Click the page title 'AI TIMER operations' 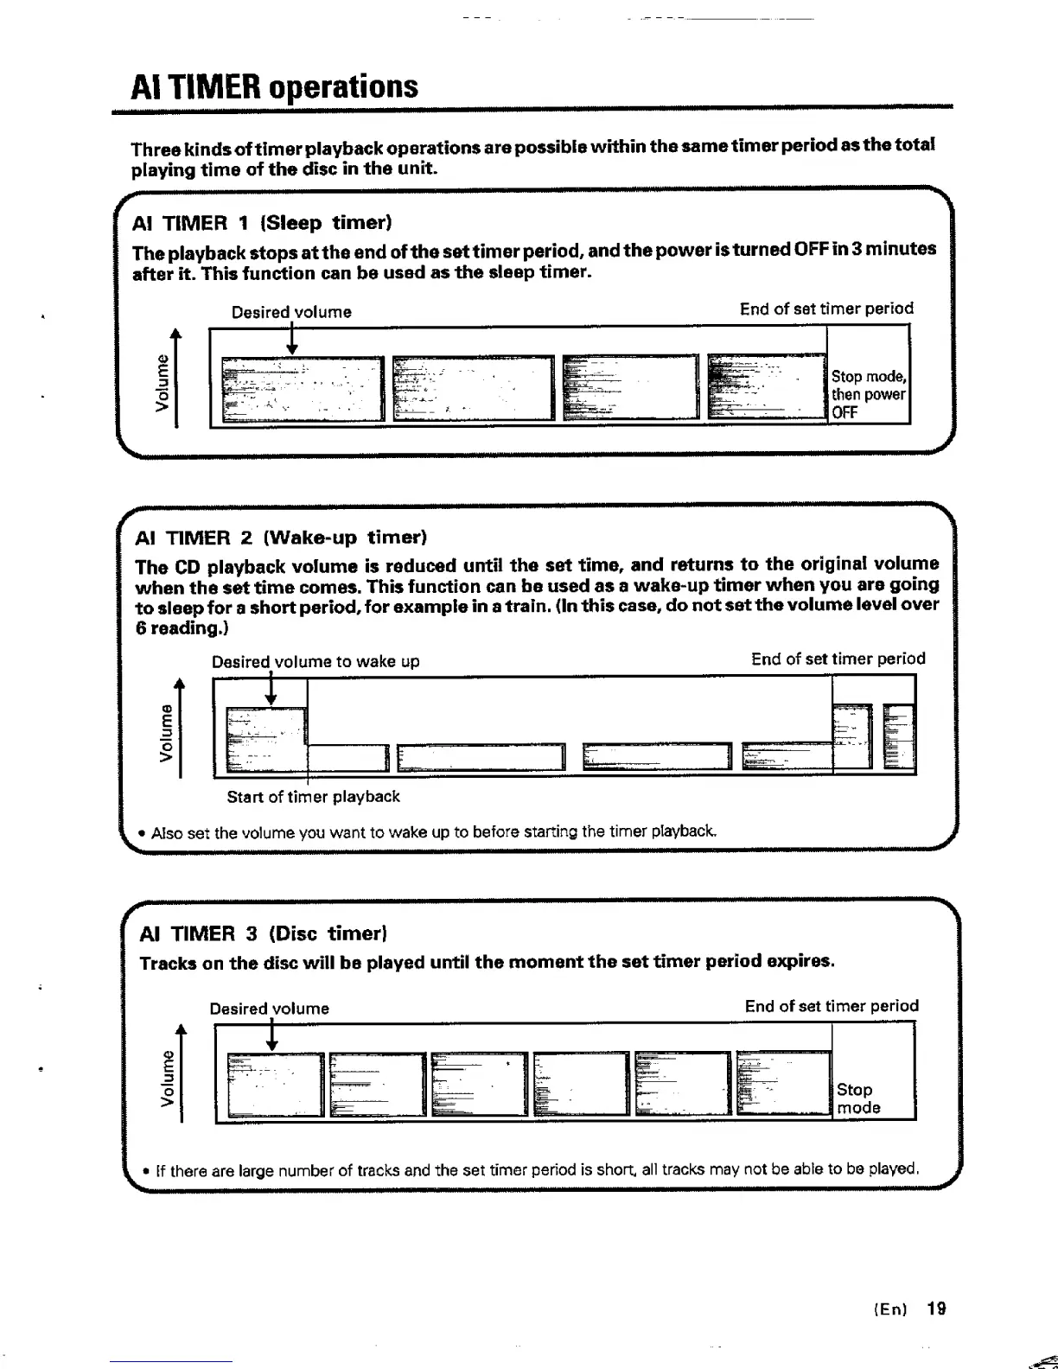tap(274, 86)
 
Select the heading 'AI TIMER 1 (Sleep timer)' tap(262, 223)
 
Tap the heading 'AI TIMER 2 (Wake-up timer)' tap(282, 538)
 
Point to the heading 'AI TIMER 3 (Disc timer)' tap(263, 933)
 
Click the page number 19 tap(936, 1309)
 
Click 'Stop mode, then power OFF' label tap(868, 394)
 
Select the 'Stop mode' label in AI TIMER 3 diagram tap(858, 1098)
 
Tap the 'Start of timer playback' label tap(313, 796)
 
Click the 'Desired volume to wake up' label tap(315, 661)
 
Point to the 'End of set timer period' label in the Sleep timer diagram tap(825, 309)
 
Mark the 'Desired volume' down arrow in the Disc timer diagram tap(272, 1035)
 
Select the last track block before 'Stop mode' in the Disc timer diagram tap(783, 1084)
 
